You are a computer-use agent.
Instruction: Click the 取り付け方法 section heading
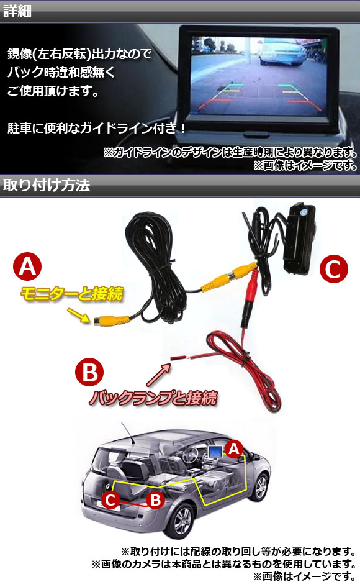pyautogui.click(x=47, y=185)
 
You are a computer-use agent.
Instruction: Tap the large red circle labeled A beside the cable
pyautogui.click(x=27, y=266)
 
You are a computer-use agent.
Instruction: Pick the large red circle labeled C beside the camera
pyautogui.click(x=334, y=269)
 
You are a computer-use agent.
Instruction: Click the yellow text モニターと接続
pyautogui.click(x=71, y=294)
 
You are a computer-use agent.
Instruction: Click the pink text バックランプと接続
pyautogui.click(x=153, y=397)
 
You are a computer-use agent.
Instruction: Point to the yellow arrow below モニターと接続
pyautogui.click(x=79, y=315)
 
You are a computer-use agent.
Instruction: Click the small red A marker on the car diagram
pyautogui.click(x=234, y=448)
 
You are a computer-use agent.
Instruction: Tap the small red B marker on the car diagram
pyautogui.click(x=155, y=500)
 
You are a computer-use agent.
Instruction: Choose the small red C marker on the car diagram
pyautogui.click(x=110, y=500)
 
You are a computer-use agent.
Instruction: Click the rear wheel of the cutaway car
pyautogui.click(x=182, y=521)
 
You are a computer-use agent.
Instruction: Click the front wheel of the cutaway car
pyautogui.click(x=261, y=487)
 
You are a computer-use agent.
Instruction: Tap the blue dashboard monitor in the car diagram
pyautogui.click(x=215, y=452)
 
